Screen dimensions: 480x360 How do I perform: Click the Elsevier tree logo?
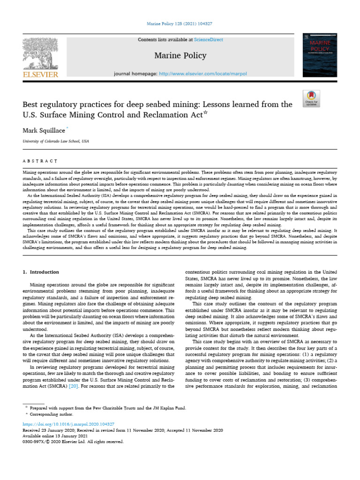[41, 52]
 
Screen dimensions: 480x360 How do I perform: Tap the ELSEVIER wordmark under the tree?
[41, 75]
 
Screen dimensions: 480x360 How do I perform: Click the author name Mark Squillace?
[44, 130]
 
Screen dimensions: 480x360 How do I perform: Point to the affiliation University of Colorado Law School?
[56, 141]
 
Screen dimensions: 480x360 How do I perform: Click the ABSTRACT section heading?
[40, 161]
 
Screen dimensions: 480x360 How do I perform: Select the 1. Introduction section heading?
[41, 272]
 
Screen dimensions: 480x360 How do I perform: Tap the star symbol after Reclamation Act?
[205, 112]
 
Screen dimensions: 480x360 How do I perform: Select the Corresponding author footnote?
[51, 415]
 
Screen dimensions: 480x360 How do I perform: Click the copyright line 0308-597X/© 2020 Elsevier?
[74, 442]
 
